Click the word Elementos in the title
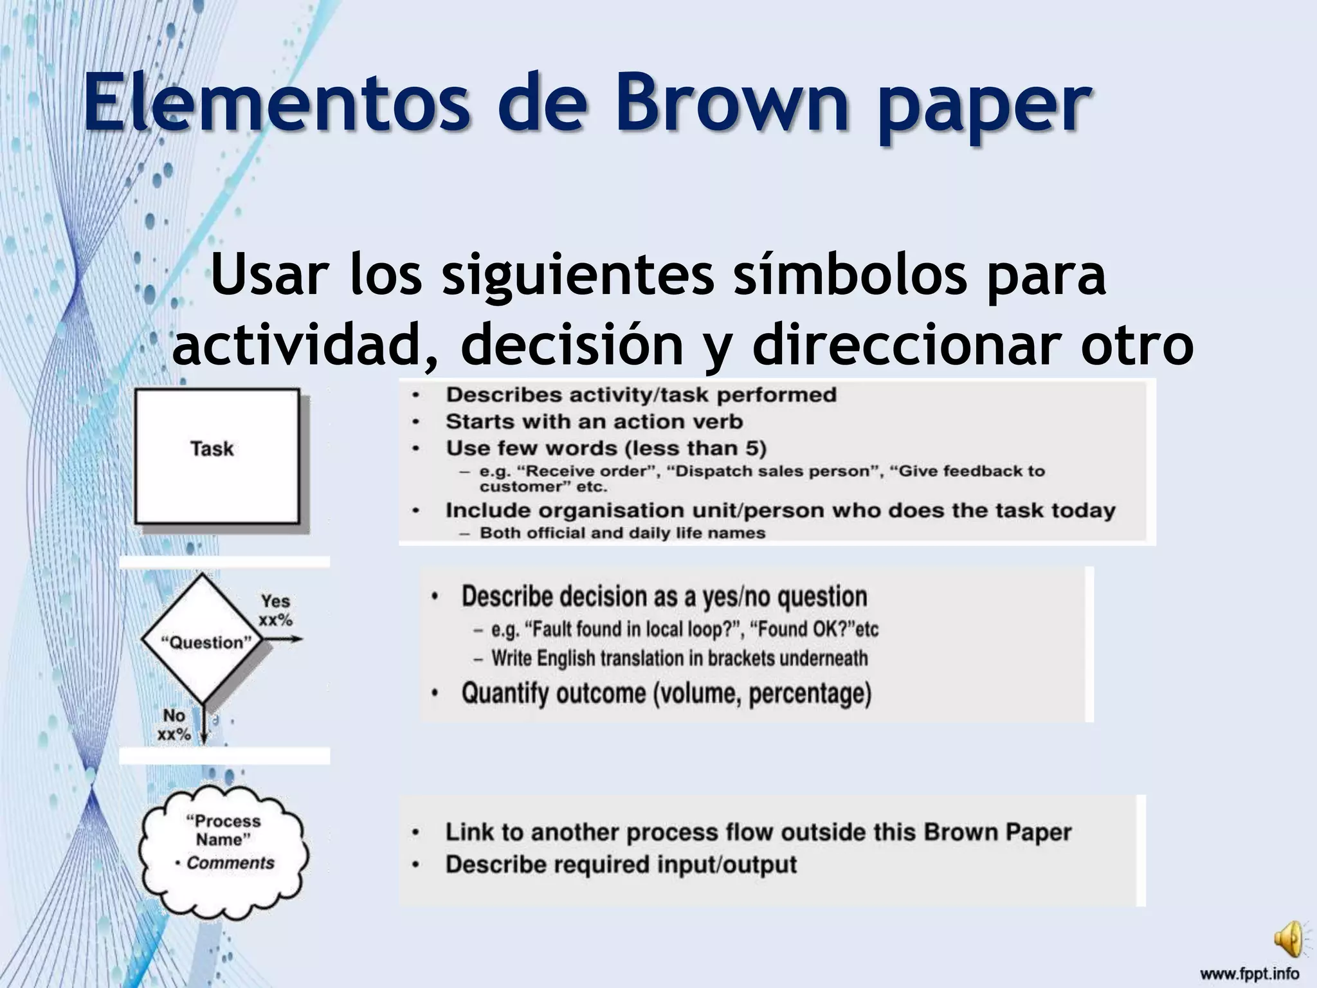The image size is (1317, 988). point(277,103)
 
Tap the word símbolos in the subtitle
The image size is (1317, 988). point(849,275)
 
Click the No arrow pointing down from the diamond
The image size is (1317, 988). point(204,724)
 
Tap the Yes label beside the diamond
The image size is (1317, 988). point(275,601)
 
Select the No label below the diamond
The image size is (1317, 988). point(174,715)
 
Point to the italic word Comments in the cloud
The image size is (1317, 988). point(230,863)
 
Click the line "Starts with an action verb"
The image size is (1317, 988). point(594,421)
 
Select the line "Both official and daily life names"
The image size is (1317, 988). point(622,533)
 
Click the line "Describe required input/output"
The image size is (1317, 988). point(621,864)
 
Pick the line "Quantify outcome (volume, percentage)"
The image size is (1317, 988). point(666,693)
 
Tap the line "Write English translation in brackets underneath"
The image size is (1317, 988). point(679,659)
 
